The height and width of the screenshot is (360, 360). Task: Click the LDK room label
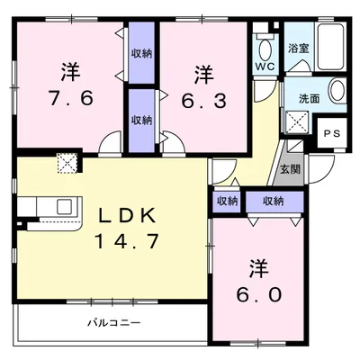click(x=127, y=215)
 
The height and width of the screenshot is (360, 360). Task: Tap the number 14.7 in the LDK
click(x=126, y=241)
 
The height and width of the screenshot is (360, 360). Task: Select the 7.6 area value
click(x=71, y=98)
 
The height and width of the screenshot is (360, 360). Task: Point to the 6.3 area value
click(x=203, y=101)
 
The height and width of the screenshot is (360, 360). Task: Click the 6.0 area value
click(x=259, y=294)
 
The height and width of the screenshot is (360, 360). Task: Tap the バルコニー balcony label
click(x=114, y=323)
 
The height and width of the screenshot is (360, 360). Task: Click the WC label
click(x=265, y=67)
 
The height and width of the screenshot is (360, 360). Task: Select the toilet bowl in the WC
click(x=265, y=49)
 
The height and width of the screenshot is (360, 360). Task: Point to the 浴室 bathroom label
click(x=299, y=49)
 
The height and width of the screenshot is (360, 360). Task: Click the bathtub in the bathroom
click(x=330, y=47)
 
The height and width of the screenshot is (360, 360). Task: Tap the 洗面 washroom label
click(x=309, y=99)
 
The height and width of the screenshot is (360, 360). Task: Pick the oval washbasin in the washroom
click(x=337, y=90)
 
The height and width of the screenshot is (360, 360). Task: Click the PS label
click(x=332, y=133)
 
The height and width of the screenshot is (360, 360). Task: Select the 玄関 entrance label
click(x=290, y=169)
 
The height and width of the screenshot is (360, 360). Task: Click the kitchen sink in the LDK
click(x=65, y=206)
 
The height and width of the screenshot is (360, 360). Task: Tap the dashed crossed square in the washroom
click(x=297, y=122)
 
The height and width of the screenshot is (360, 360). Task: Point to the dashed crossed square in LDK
click(x=67, y=163)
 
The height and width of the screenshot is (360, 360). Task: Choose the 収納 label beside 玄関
click(x=274, y=201)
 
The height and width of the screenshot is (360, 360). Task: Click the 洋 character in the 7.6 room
click(x=71, y=71)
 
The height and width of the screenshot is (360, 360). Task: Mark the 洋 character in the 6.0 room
click(x=259, y=268)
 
